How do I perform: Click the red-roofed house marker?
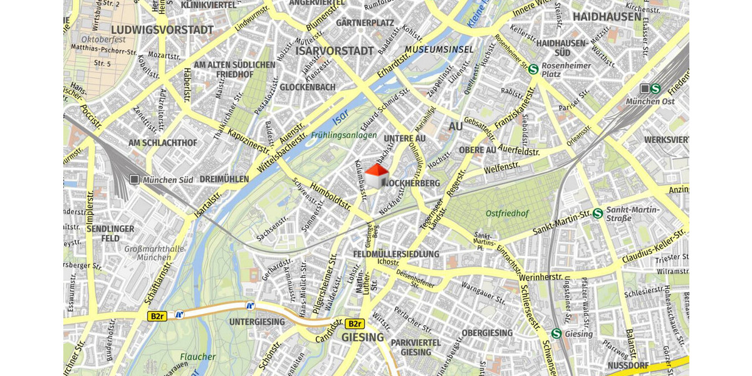377,176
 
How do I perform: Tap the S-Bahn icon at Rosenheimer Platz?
533,70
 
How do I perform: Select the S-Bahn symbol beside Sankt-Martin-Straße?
598,214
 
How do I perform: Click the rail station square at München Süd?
134,180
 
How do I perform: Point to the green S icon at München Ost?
655,89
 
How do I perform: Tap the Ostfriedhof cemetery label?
507,214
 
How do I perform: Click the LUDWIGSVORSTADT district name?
162,30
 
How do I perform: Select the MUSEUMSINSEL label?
439,50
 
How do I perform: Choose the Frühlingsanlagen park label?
344,135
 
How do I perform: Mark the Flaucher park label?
198,357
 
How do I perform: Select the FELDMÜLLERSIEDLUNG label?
396,254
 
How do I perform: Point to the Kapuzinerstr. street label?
249,142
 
